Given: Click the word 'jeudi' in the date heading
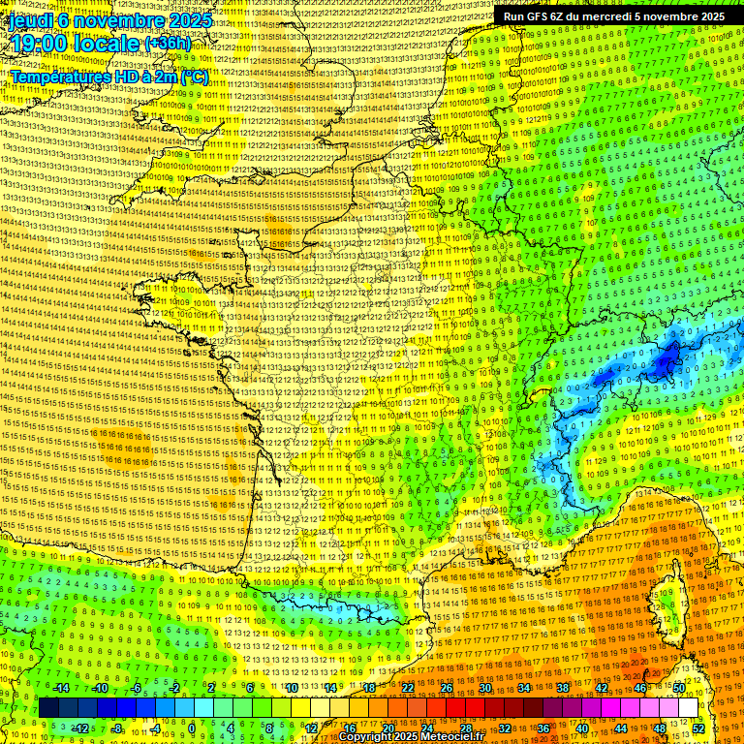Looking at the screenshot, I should point(26,19).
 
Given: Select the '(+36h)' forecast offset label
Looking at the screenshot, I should point(168,44).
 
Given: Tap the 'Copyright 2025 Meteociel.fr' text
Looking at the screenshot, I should point(411,736).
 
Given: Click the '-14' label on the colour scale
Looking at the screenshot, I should point(61,688).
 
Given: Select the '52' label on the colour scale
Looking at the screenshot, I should point(698,728).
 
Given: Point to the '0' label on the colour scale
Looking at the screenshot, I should point(192,728).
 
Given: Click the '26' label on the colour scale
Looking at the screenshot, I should point(446,688).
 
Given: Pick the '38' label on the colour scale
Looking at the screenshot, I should point(562,688).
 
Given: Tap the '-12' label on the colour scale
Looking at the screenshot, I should point(80,728).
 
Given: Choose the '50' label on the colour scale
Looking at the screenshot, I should point(679,688).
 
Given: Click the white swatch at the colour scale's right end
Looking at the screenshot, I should point(688,708).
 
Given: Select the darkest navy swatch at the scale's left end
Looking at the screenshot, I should point(48,708).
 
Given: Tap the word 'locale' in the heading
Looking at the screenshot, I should point(108,44).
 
